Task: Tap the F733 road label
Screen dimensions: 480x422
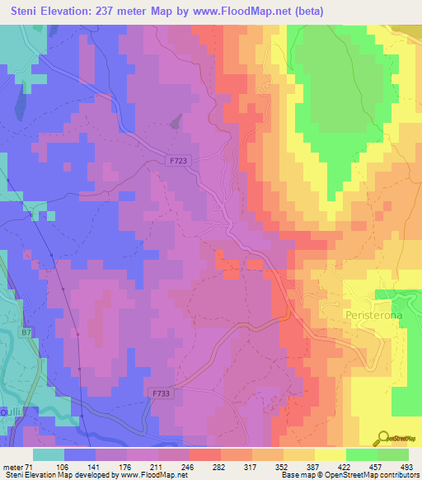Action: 161,394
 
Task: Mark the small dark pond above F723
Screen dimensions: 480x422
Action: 176,122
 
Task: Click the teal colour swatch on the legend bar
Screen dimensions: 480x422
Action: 48,455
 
